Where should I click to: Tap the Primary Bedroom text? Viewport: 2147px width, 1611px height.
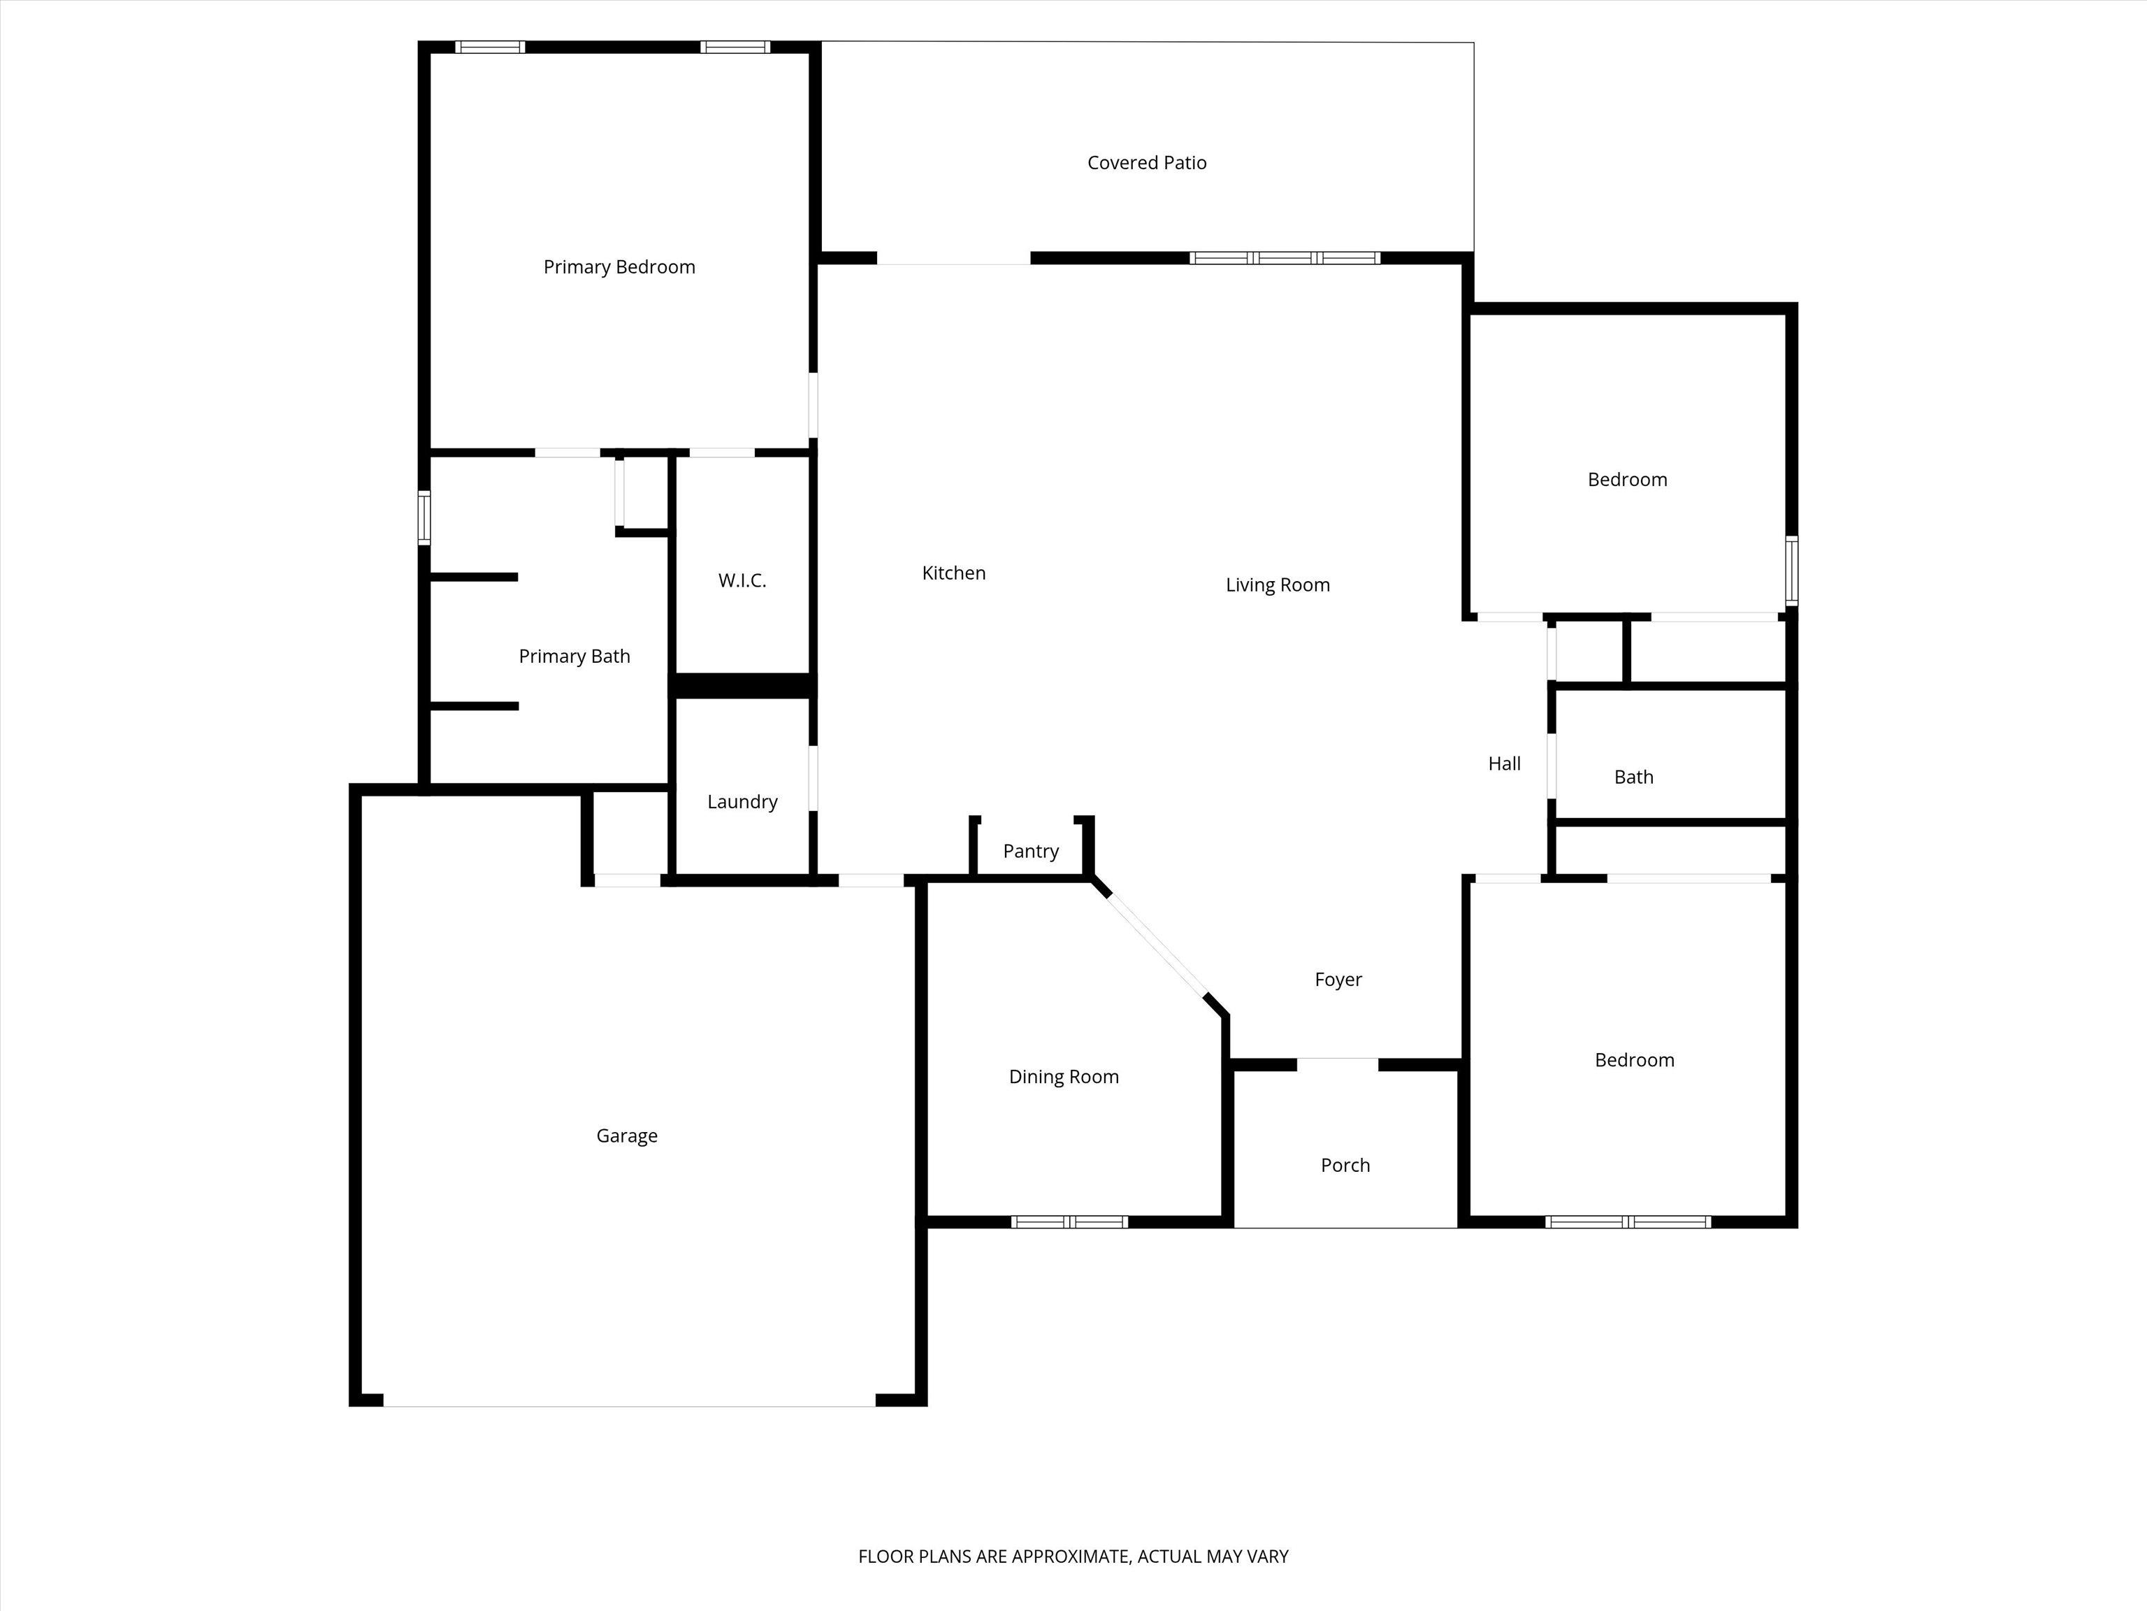click(x=619, y=267)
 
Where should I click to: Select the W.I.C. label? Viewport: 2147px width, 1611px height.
click(x=742, y=580)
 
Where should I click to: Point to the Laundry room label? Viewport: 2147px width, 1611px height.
click(x=742, y=802)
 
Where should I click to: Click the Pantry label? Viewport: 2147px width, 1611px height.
click(x=1031, y=852)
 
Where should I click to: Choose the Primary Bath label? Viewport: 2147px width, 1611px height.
click(x=574, y=657)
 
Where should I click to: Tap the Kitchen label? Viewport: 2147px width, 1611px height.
click(x=954, y=573)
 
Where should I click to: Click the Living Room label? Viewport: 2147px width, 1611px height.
click(x=1278, y=585)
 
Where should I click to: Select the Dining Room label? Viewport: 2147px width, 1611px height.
click(x=1064, y=1077)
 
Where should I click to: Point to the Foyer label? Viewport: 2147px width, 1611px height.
click(x=1338, y=980)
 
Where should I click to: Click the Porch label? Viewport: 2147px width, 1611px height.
click(x=1345, y=1166)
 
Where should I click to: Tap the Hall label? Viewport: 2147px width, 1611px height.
click(x=1505, y=764)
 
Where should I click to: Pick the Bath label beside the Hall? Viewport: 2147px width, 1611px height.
click(x=1633, y=777)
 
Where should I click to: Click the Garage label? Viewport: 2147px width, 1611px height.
click(x=627, y=1136)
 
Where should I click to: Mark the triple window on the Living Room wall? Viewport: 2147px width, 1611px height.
click(x=1285, y=258)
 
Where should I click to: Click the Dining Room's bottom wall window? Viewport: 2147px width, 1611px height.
click(x=1069, y=1222)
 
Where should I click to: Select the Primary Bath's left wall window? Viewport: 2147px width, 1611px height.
click(x=424, y=517)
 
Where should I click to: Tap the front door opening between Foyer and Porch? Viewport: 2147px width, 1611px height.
click(x=1338, y=1064)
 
